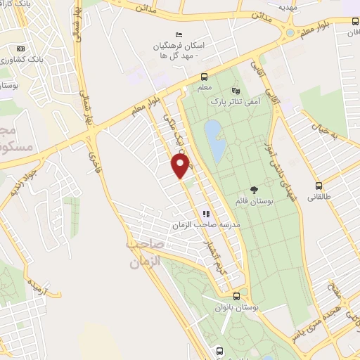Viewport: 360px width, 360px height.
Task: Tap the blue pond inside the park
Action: [214, 138]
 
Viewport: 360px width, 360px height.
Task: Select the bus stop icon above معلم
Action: [204, 77]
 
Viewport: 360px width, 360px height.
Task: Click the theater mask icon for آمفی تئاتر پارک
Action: [236, 90]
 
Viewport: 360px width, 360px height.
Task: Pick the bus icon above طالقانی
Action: [319, 186]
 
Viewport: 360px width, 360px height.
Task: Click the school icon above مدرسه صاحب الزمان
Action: [206, 213]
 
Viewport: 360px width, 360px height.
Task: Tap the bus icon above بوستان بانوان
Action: [236, 297]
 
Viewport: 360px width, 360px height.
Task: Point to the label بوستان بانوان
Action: [236, 308]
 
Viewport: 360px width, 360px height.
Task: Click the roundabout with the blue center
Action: [290, 32]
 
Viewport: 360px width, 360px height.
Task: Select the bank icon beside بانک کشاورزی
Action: [20, 49]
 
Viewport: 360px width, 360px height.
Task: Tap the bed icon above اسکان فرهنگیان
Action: [179, 35]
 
